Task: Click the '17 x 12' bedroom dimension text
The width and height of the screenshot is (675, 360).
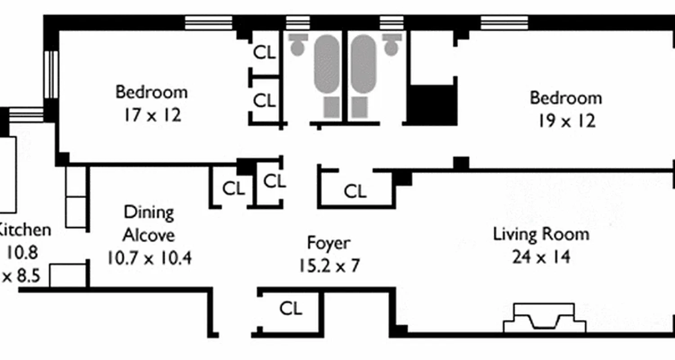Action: (x=152, y=116)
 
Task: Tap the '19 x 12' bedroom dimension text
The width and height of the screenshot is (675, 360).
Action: (x=567, y=121)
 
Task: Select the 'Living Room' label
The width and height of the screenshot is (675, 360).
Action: (x=541, y=234)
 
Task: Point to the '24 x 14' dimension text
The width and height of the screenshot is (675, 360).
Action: (x=541, y=257)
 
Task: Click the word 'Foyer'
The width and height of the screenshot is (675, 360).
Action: (x=328, y=243)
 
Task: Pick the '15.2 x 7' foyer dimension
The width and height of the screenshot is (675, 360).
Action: (x=328, y=266)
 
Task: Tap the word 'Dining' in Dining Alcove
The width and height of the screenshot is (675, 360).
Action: (x=148, y=212)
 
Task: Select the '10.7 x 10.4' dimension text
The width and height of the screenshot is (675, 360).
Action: (x=149, y=258)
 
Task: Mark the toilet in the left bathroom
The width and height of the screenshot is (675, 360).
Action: (x=297, y=44)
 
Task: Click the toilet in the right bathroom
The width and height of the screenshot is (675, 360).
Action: (x=392, y=44)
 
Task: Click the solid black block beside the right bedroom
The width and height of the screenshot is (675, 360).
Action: (x=432, y=104)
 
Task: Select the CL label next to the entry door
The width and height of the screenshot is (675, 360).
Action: (x=291, y=309)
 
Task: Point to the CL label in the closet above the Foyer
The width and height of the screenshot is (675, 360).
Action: (x=355, y=192)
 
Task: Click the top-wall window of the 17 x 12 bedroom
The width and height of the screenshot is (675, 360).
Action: (x=209, y=23)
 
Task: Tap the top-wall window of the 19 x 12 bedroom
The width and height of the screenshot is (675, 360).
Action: (x=504, y=23)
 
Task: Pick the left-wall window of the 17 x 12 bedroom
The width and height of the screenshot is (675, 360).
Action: (x=51, y=74)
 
